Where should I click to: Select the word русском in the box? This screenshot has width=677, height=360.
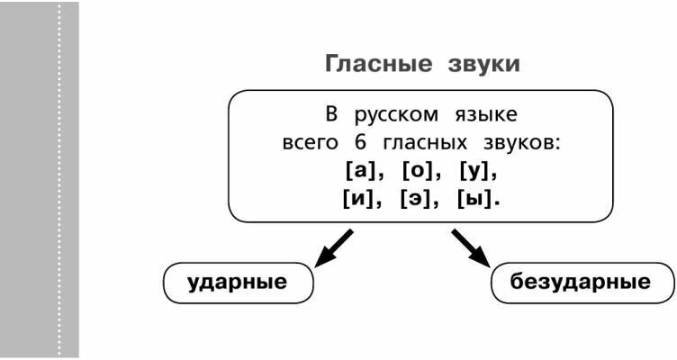click(x=396, y=116)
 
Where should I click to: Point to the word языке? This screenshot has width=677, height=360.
click(x=487, y=117)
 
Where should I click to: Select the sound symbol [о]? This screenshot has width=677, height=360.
click(x=418, y=171)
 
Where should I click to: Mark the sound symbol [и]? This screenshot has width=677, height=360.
click(x=360, y=199)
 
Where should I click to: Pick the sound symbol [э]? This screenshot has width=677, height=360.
click(x=415, y=199)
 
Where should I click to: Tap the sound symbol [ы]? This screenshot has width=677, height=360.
click(x=476, y=199)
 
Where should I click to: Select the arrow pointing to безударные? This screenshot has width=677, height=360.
click(x=472, y=248)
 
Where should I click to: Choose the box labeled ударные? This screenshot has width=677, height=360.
click(x=237, y=283)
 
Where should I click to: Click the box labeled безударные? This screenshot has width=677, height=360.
click(x=581, y=283)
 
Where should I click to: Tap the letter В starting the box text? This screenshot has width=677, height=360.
click(x=331, y=116)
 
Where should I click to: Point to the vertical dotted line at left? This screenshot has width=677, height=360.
click(x=60, y=180)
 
